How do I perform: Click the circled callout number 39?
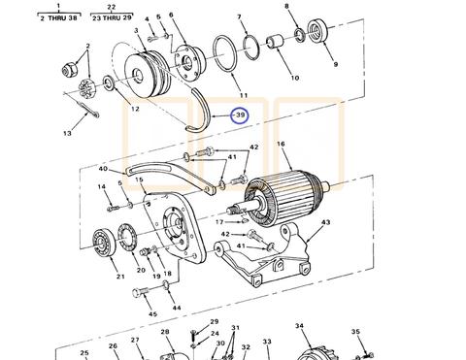tap(240, 115)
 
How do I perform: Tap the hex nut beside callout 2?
tap(69, 69)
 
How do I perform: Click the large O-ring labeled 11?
tap(224, 54)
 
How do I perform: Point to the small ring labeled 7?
tap(251, 48)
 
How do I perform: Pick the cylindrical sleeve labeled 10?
tap(275, 43)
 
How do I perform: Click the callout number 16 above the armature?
tap(281, 143)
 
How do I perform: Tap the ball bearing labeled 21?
tap(104, 243)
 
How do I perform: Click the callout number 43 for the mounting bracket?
tap(325, 222)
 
